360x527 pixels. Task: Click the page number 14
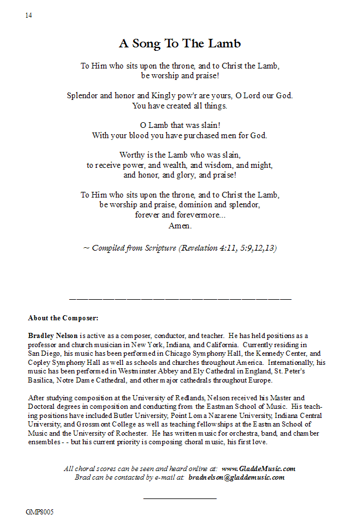[x=29, y=15]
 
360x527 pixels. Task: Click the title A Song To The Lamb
[x=179, y=43]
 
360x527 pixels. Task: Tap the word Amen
[x=180, y=226]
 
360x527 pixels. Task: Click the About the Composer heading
[x=63, y=318]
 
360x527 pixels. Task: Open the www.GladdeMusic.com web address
[x=258, y=469]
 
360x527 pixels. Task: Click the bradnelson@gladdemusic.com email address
[x=236, y=477]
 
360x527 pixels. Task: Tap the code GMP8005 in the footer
[x=39, y=512]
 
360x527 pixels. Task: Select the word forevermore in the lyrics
[x=198, y=215]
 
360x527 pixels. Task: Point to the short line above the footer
[x=179, y=498]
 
